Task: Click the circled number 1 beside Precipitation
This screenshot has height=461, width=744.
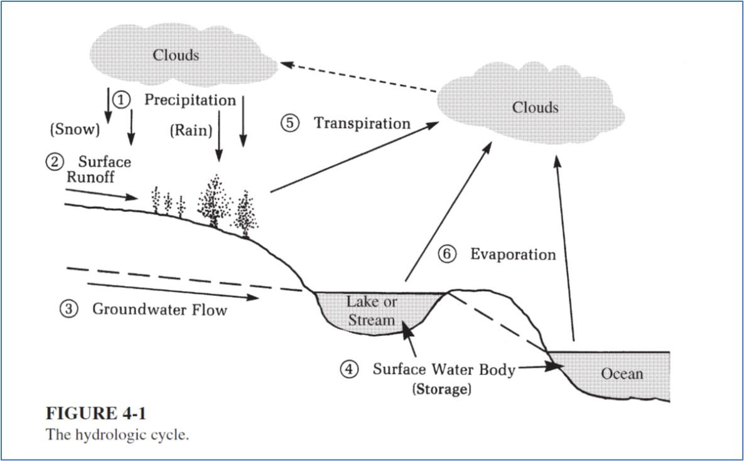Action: coord(121,99)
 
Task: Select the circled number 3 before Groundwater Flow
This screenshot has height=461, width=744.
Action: coord(69,309)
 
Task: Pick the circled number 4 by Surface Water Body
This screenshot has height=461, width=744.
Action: coord(350,369)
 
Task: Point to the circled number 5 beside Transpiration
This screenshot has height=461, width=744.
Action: coord(290,123)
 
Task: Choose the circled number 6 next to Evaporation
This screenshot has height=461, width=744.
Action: coord(446,254)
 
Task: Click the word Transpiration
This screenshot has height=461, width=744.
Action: coord(362,123)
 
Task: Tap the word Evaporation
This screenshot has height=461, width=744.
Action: coord(513,255)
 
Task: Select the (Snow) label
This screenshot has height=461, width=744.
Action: coord(75,130)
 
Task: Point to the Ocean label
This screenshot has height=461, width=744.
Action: coord(622,374)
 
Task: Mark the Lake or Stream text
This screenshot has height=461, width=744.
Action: coord(372,310)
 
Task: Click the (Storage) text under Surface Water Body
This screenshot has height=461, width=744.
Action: coord(441,389)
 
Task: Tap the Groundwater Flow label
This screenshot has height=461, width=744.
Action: coord(159,309)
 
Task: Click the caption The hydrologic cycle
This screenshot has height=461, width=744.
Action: coord(117,435)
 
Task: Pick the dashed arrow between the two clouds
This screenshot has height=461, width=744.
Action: coord(358,77)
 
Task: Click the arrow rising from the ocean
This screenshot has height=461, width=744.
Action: coord(564,251)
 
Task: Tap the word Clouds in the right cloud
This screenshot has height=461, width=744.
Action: coord(535,107)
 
